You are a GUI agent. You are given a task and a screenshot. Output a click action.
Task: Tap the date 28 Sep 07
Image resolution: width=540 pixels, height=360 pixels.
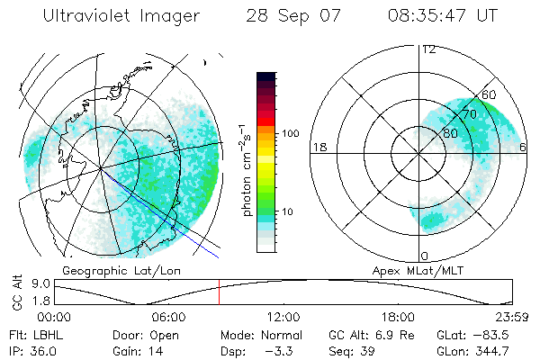291,16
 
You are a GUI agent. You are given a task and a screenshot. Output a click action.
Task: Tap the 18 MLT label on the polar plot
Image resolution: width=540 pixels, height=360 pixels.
319,147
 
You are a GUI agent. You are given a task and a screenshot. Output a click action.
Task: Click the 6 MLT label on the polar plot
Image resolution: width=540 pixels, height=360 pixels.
524,147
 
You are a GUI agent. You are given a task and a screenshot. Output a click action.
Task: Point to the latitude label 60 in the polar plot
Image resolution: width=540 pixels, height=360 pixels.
490,94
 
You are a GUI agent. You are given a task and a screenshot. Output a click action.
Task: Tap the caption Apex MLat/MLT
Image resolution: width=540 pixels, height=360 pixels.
413,270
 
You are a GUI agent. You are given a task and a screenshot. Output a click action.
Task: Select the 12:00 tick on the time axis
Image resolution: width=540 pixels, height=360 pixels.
283,317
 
